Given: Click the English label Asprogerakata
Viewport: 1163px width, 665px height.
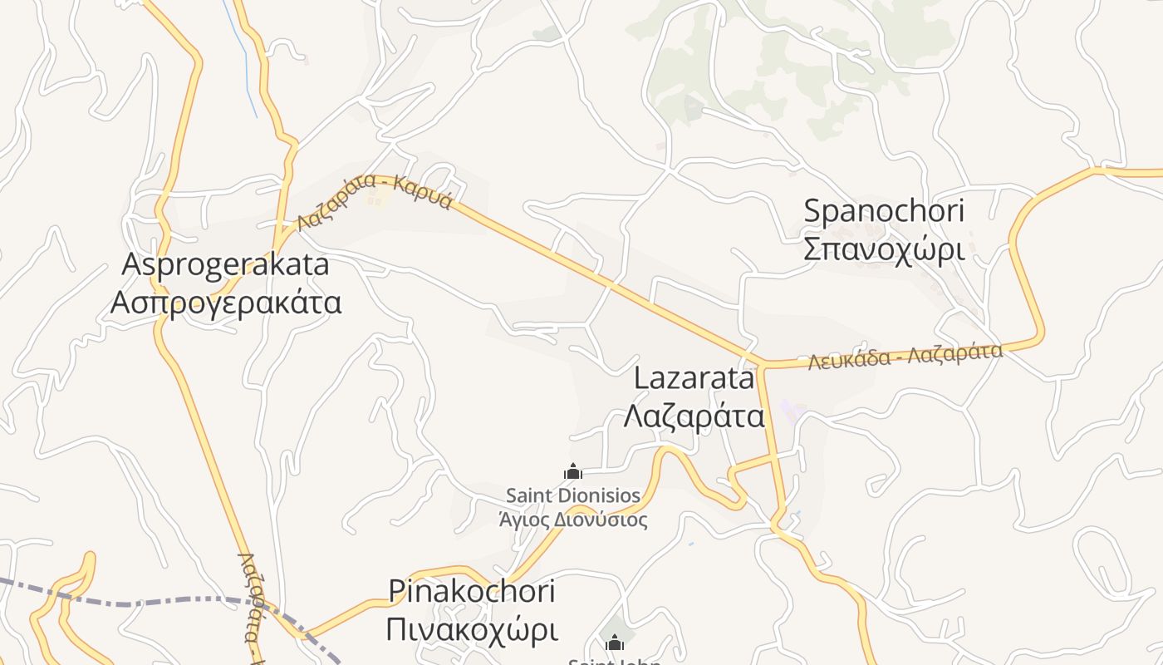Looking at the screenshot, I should point(226,265).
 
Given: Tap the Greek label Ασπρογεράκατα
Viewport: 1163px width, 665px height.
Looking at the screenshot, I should point(226,302).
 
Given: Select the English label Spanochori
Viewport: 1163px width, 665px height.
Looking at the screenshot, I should point(884,211).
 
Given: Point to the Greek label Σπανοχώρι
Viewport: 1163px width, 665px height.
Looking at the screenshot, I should point(884,249).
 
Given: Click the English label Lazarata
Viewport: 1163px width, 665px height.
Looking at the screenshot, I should point(693,378).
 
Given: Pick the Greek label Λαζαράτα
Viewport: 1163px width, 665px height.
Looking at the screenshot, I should point(693,415).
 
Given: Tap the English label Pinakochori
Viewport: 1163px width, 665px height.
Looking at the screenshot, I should point(472,591).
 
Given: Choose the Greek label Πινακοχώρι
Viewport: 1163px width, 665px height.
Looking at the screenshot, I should point(472,629).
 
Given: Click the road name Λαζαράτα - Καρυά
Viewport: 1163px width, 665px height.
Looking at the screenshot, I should point(375,199).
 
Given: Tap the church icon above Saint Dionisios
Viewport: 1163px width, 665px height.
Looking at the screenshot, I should point(572,472).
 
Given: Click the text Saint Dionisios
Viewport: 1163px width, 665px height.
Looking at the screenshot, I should point(573,496).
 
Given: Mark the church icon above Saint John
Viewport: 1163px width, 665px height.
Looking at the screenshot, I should point(614,643).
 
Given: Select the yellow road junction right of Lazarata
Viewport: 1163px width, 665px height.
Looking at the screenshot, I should point(760,365).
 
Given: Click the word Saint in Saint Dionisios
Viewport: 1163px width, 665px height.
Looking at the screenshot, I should point(531,496).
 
